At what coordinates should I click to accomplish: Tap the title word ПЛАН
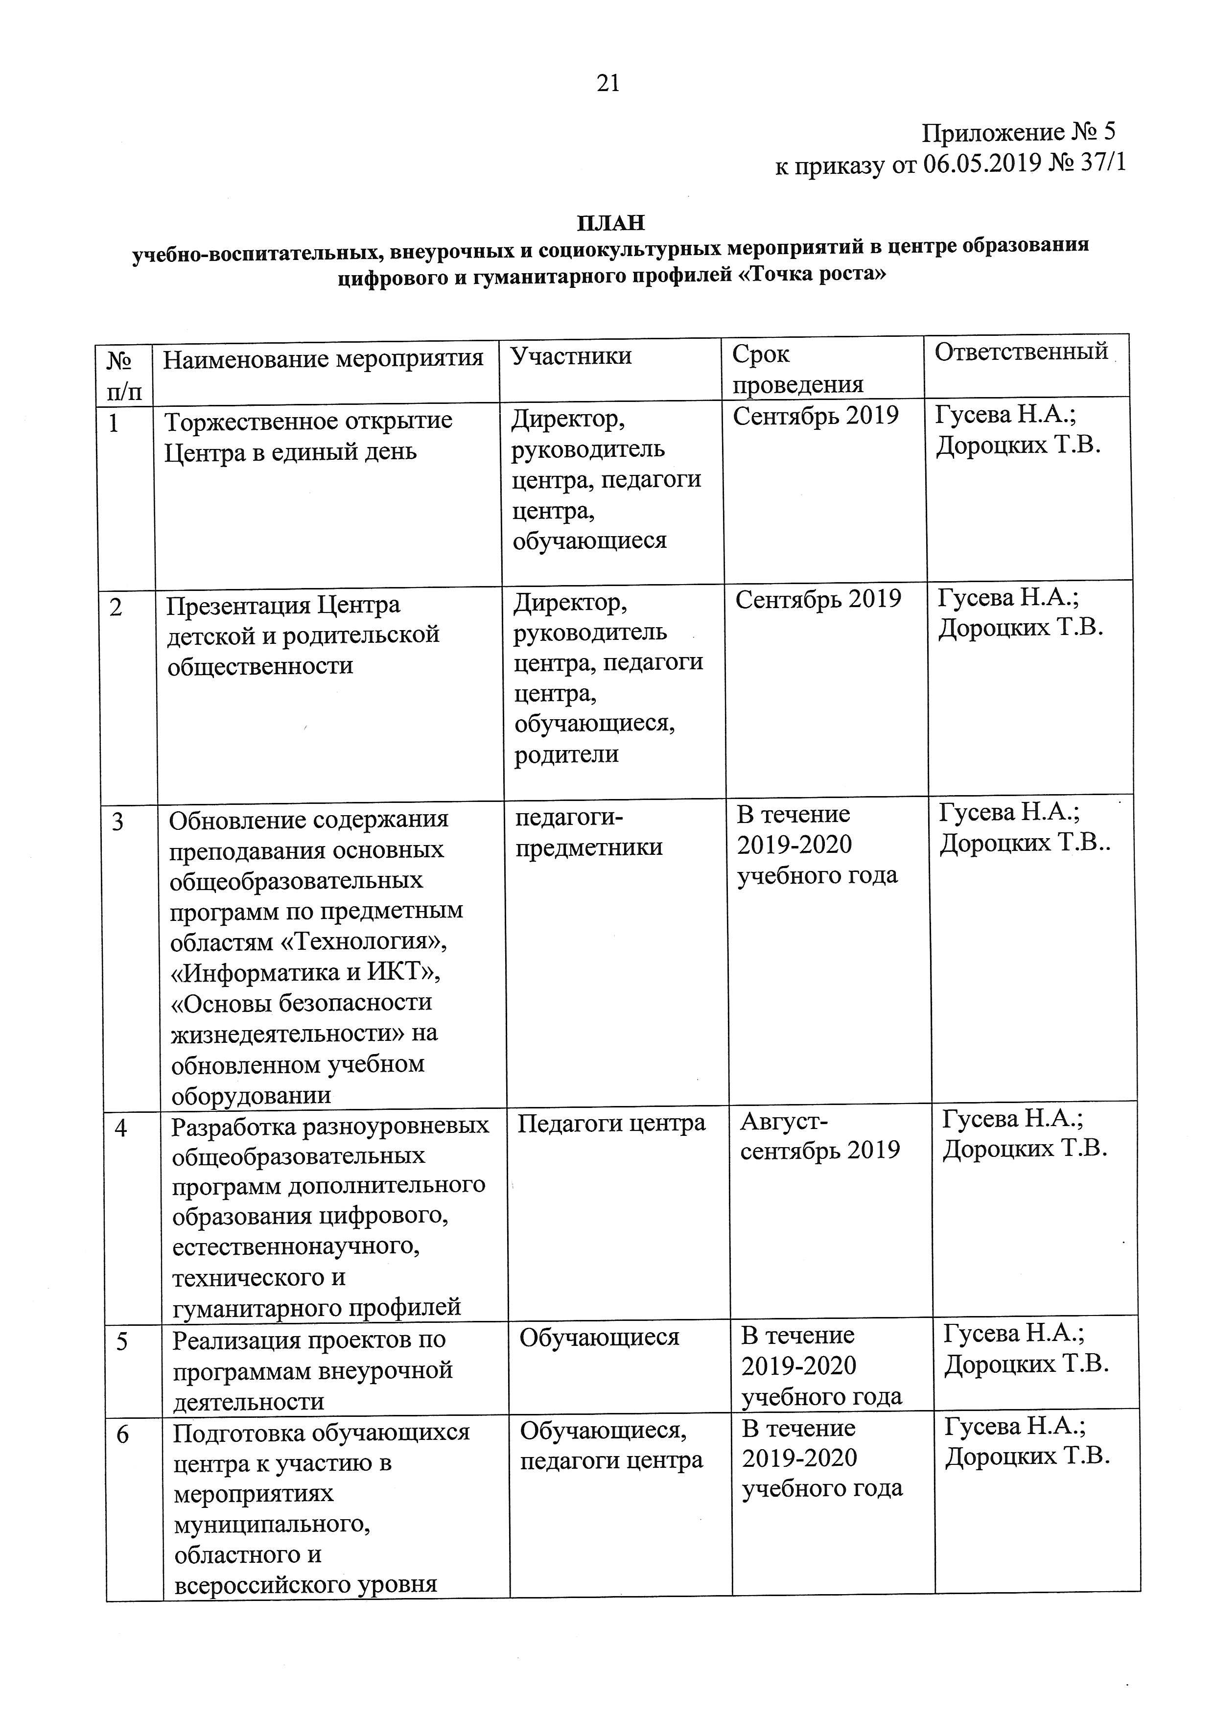coord(610,223)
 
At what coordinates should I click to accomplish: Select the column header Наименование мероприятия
coord(323,359)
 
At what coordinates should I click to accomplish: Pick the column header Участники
coord(571,356)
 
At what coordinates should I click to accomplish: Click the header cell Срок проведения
coord(797,370)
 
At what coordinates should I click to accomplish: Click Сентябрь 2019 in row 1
coord(815,416)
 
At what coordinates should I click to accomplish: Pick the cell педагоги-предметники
coord(589,832)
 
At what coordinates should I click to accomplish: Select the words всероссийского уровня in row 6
coord(306,1584)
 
